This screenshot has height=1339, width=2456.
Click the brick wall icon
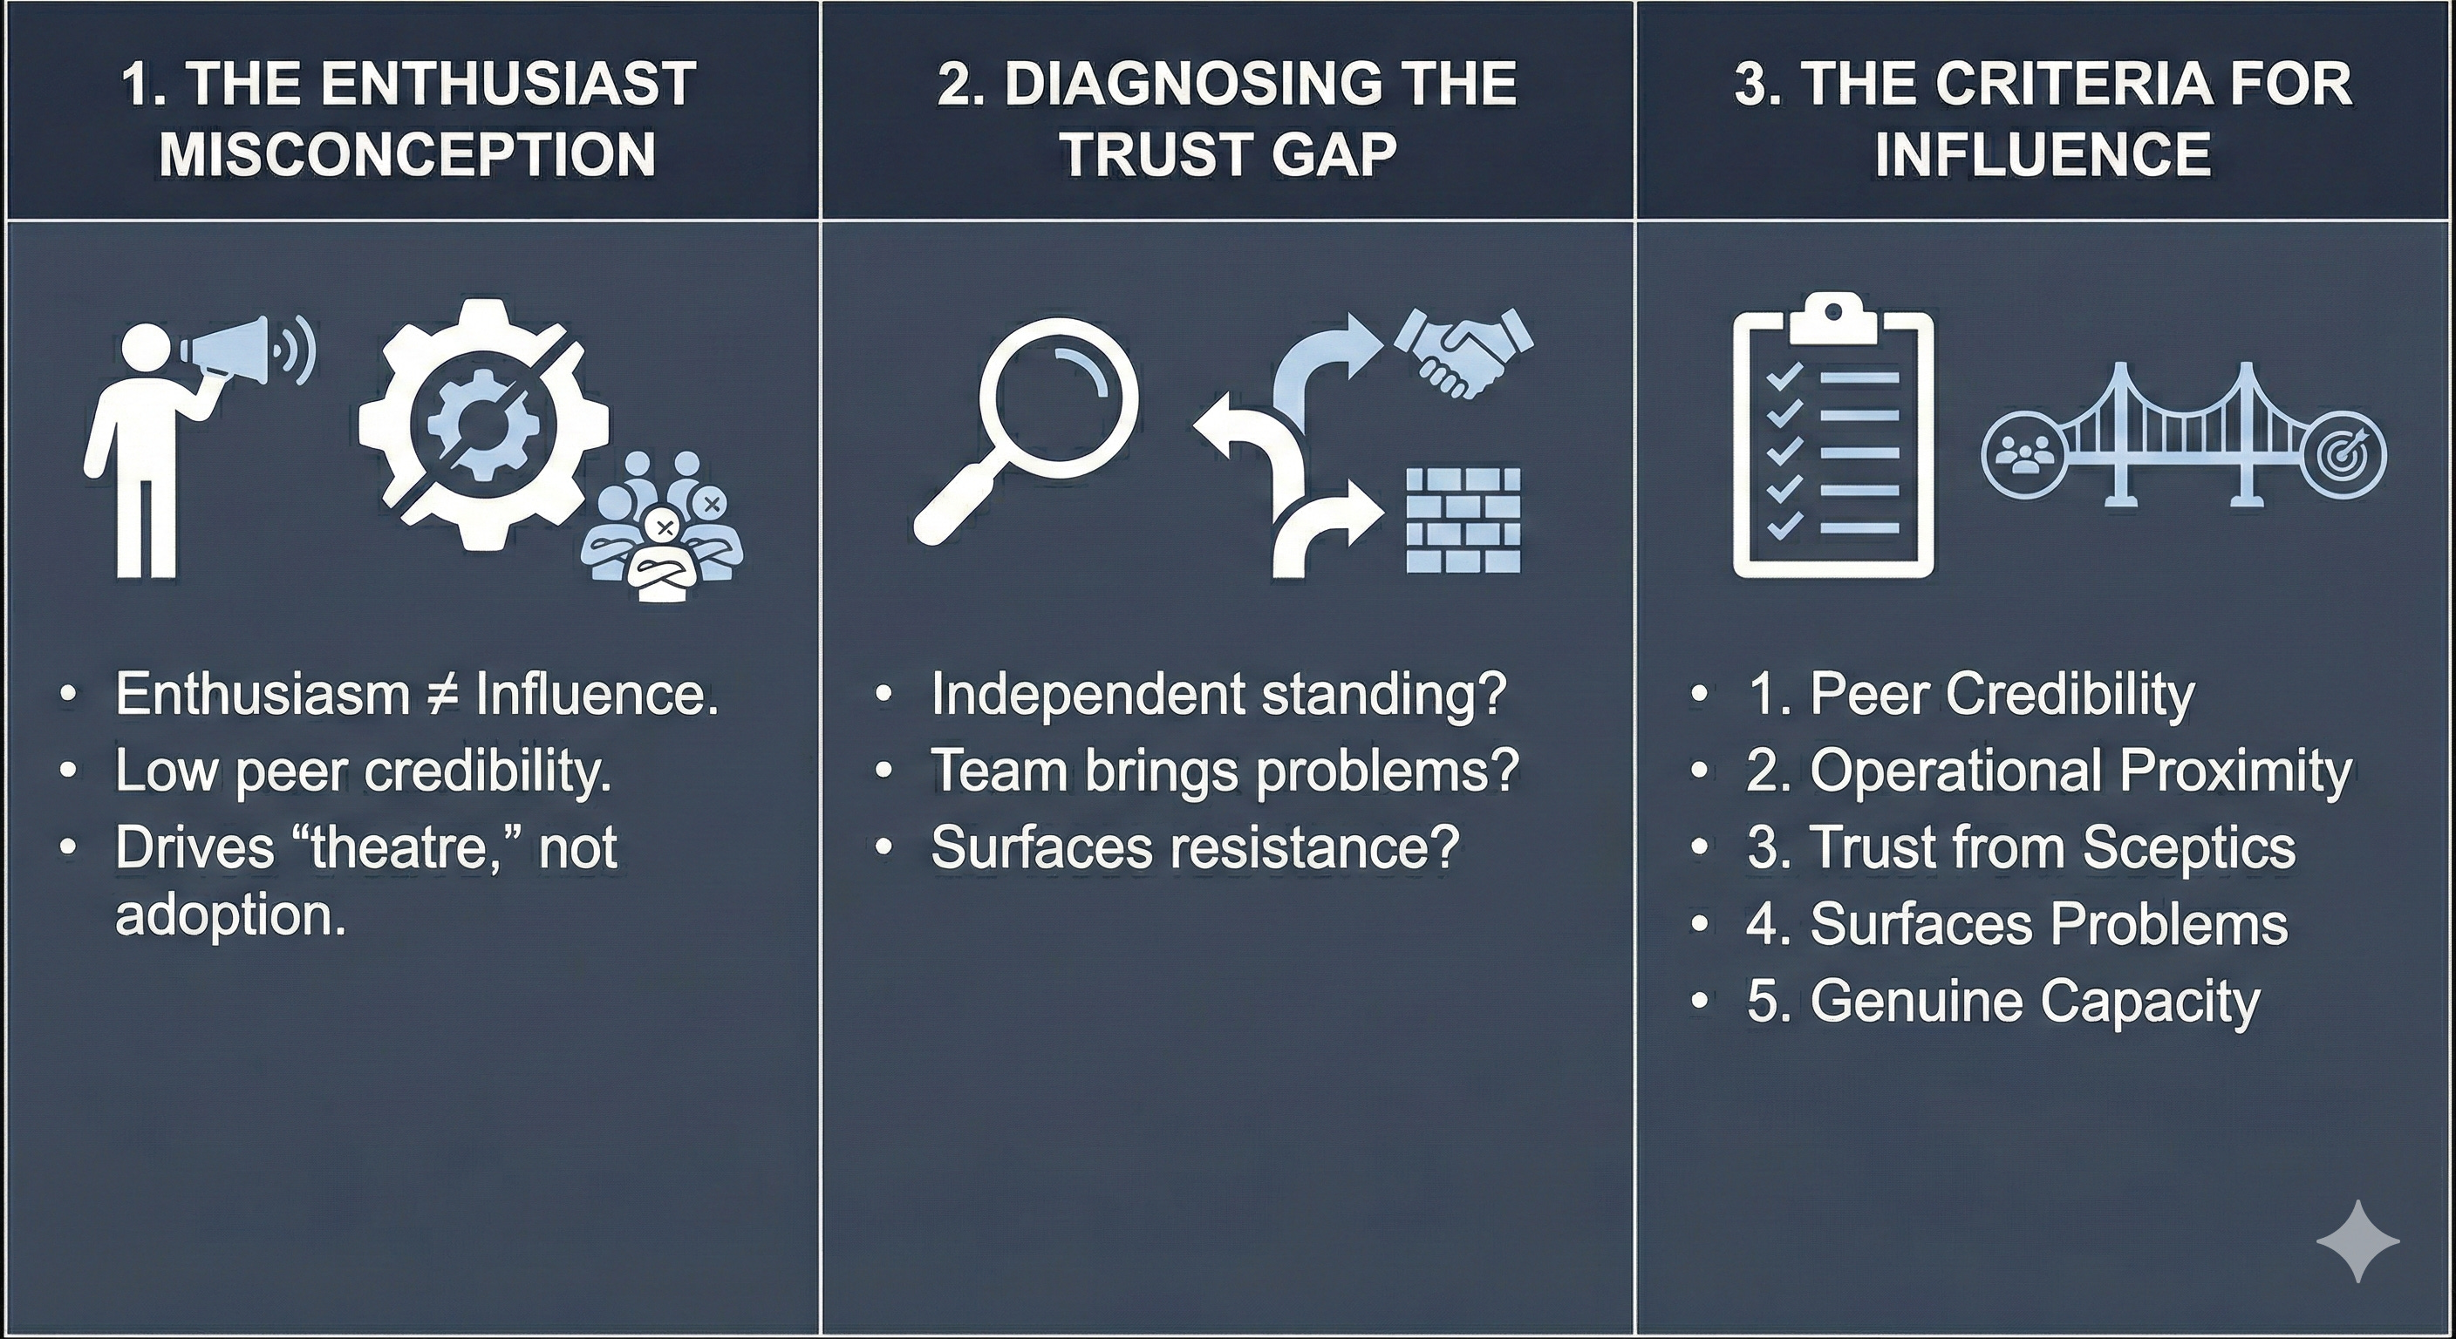(x=1463, y=520)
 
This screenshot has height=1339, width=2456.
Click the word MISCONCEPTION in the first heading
(x=408, y=153)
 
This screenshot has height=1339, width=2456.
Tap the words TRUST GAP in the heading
(x=1228, y=153)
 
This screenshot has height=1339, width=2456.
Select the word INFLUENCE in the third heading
(x=2043, y=153)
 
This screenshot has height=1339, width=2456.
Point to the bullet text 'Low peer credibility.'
(x=363, y=770)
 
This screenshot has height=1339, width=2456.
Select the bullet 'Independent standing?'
(x=1218, y=693)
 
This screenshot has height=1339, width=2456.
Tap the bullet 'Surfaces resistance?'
(x=1195, y=846)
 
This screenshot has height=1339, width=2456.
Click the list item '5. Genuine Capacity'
(x=2003, y=1001)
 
